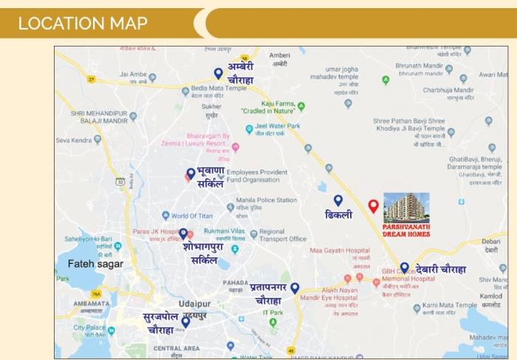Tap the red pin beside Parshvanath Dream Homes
click(373, 206)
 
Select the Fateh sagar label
click(95, 263)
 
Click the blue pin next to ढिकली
click(338, 200)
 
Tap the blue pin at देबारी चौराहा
click(404, 268)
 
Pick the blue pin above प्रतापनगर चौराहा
click(295, 288)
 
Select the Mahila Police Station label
click(266, 200)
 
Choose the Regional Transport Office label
click(282, 235)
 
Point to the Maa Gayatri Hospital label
click(340, 251)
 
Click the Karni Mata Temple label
click(450, 305)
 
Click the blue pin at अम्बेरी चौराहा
click(218, 72)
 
